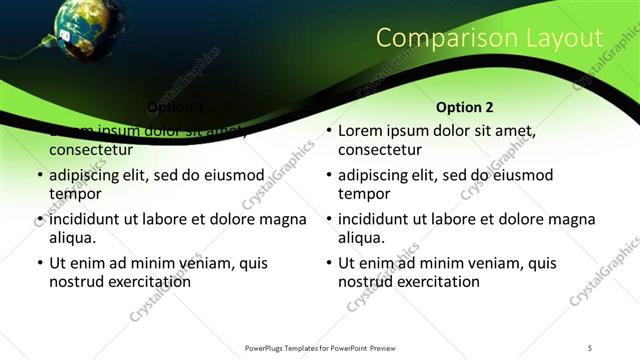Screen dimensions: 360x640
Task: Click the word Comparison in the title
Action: (441, 39)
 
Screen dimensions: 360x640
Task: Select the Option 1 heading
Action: (176, 107)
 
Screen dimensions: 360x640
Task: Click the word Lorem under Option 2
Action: (361, 131)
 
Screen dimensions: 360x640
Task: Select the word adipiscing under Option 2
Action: (374, 175)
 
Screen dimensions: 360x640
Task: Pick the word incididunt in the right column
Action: (376, 219)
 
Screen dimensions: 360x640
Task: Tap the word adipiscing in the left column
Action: (86, 175)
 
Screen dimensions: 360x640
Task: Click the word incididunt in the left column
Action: (88, 219)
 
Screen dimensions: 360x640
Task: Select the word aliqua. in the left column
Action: (73, 237)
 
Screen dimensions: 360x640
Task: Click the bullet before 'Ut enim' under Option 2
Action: (328, 264)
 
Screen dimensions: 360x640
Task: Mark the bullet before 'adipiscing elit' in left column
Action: (39, 176)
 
